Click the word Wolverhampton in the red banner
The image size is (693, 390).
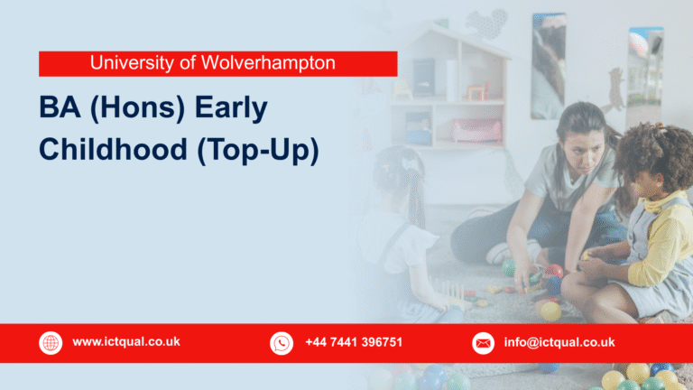tap(282, 63)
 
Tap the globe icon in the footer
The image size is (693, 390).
tap(51, 343)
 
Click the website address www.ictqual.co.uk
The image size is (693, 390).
tap(126, 342)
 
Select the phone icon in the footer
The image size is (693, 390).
tap(282, 343)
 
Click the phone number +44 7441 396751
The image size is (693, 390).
tap(354, 342)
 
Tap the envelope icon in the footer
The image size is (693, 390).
tap(484, 343)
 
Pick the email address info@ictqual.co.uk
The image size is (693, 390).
tap(559, 342)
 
